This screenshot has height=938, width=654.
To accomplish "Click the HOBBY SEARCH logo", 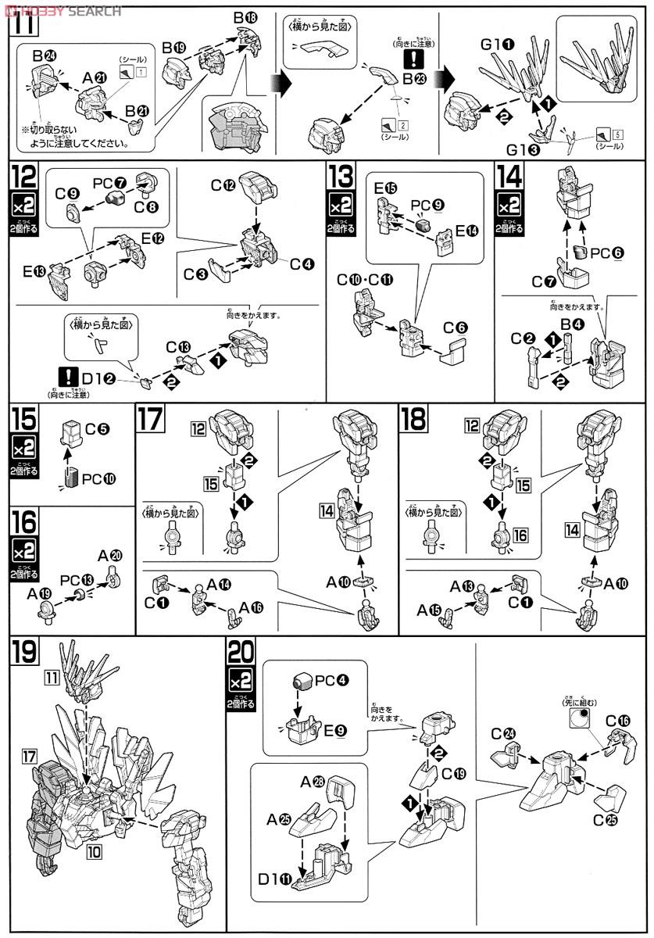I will [63, 9].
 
